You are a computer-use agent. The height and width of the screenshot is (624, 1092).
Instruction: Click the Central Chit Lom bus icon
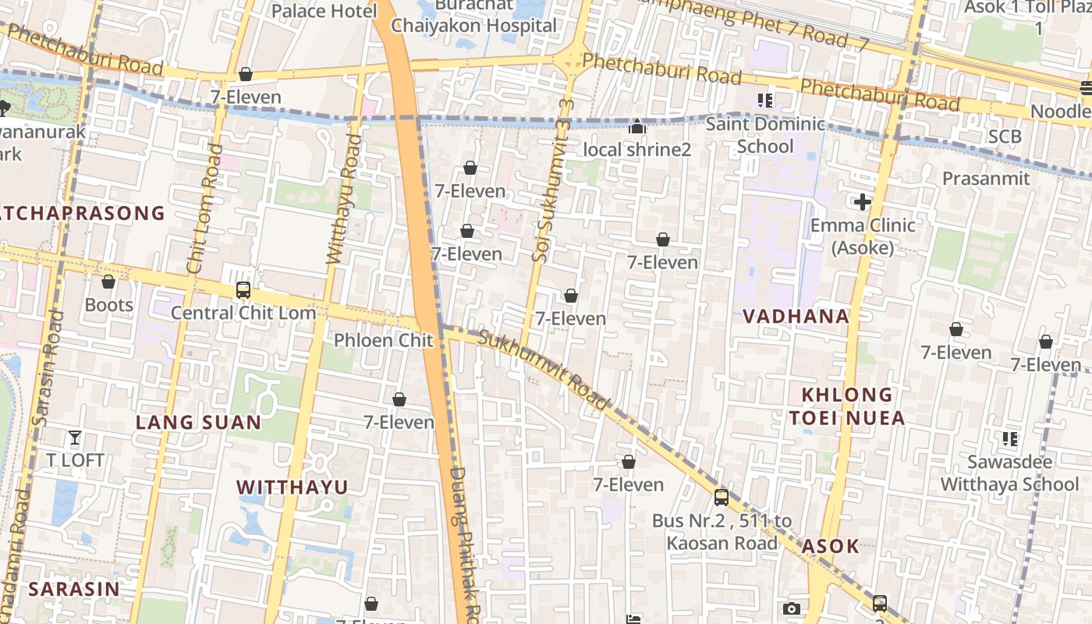(243, 290)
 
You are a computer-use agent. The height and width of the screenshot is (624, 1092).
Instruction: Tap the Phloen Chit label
(383, 340)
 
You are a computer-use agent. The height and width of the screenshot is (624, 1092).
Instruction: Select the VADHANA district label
(796, 316)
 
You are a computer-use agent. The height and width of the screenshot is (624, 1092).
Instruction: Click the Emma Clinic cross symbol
(862, 203)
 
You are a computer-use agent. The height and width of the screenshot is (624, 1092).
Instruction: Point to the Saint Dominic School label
(765, 135)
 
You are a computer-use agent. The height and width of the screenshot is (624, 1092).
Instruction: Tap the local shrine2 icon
(637, 126)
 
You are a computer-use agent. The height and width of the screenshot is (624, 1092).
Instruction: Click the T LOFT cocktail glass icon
(75, 438)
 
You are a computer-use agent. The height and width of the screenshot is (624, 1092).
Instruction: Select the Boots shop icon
(108, 282)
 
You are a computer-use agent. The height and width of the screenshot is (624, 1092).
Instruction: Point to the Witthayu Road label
(343, 199)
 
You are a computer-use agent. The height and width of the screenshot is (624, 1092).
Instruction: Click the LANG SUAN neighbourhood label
(198, 422)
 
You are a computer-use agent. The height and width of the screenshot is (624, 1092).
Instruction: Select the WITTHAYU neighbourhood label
(292, 487)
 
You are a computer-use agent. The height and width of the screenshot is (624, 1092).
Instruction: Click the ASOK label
(830, 546)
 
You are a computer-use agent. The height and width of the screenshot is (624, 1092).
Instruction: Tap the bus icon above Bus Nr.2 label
(721, 497)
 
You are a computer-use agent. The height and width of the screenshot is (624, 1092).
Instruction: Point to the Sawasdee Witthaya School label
(1009, 473)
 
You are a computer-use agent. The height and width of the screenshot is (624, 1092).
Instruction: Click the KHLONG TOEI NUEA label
(847, 406)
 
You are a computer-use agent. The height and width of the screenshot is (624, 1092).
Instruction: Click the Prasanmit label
(986, 179)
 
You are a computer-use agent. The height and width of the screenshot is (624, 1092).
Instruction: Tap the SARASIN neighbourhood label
(75, 589)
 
